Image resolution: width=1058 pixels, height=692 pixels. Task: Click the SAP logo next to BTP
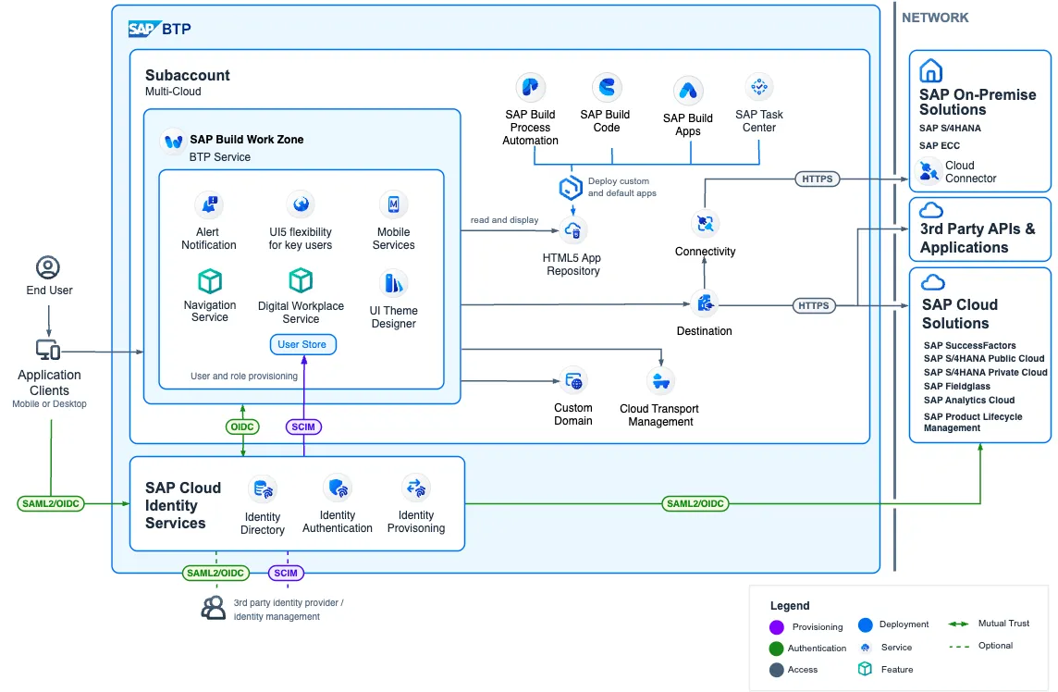[143, 29]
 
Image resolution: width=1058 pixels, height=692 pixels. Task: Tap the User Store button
[302, 344]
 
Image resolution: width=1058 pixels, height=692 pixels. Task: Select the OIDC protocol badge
[242, 426]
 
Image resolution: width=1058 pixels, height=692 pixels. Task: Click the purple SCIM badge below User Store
[303, 426]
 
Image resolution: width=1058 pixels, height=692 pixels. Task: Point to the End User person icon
[48, 267]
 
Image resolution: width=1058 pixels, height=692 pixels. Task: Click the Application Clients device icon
[48, 350]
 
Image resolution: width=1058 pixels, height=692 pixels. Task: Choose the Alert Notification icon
[209, 204]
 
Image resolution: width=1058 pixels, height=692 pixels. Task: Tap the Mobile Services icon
[393, 204]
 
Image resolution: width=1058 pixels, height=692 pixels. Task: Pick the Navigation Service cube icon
[210, 281]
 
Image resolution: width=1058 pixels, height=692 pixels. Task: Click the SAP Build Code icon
[607, 87]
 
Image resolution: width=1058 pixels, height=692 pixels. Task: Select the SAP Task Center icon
[759, 87]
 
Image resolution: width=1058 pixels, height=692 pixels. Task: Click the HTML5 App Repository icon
[572, 231]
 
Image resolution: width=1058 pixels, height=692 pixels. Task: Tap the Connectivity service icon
[705, 224]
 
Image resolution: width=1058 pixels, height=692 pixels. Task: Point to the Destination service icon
[705, 303]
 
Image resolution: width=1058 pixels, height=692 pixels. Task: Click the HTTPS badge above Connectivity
[818, 179]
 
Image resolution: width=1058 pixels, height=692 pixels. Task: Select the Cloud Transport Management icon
[660, 381]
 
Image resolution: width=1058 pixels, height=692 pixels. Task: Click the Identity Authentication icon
[338, 488]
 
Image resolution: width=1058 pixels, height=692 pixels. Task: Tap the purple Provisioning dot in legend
[777, 627]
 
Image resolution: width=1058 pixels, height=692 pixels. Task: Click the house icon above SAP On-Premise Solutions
[930, 70]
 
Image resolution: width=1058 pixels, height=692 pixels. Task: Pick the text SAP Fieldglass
[957, 386]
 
